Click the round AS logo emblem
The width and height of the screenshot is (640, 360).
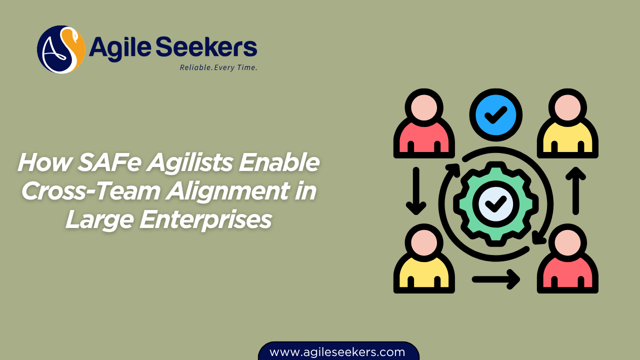click(x=61, y=49)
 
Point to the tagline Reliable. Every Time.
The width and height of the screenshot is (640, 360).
click(x=218, y=67)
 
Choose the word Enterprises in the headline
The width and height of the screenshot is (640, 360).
click(x=205, y=219)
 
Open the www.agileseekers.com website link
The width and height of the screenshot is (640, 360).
click(x=337, y=351)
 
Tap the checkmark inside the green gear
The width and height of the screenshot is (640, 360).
click(x=496, y=203)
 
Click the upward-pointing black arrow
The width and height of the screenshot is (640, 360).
click(x=576, y=190)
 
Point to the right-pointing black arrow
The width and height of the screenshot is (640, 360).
click(x=496, y=278)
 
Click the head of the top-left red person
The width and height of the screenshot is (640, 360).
click(x=424, y=105)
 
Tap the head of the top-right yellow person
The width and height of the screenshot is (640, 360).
click(x=568, y=105)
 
